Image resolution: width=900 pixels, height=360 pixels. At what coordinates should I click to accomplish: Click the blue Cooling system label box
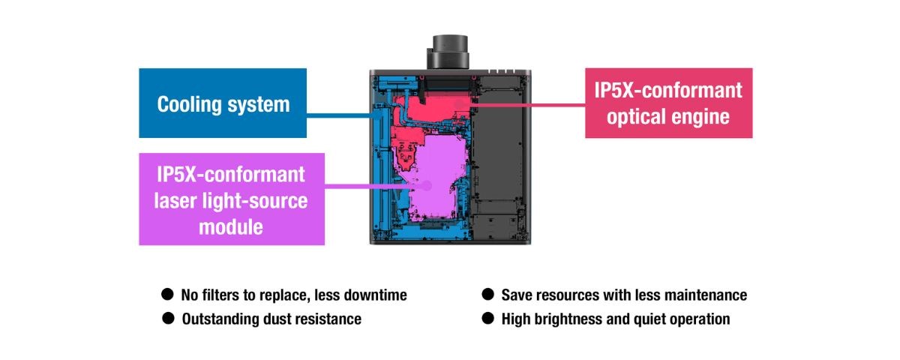point(223,103)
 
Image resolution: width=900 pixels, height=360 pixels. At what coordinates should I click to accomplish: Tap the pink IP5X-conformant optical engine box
point(668,103)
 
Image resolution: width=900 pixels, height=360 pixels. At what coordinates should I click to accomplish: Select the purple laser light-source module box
point(232,199)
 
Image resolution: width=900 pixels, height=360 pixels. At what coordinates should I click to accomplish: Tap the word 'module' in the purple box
point(231,226)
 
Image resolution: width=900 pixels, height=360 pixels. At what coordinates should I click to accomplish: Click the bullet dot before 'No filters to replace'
point(167,295)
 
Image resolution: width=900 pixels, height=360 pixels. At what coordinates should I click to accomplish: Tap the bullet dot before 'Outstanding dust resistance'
point(167,319)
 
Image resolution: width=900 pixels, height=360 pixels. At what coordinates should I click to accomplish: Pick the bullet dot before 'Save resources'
point(487,295)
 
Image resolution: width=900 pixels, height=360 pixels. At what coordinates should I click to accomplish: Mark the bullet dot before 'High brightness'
point(487,319)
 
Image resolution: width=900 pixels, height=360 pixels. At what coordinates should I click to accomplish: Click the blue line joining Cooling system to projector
point(341,115)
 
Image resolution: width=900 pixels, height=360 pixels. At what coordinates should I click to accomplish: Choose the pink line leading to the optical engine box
point(529,105)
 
